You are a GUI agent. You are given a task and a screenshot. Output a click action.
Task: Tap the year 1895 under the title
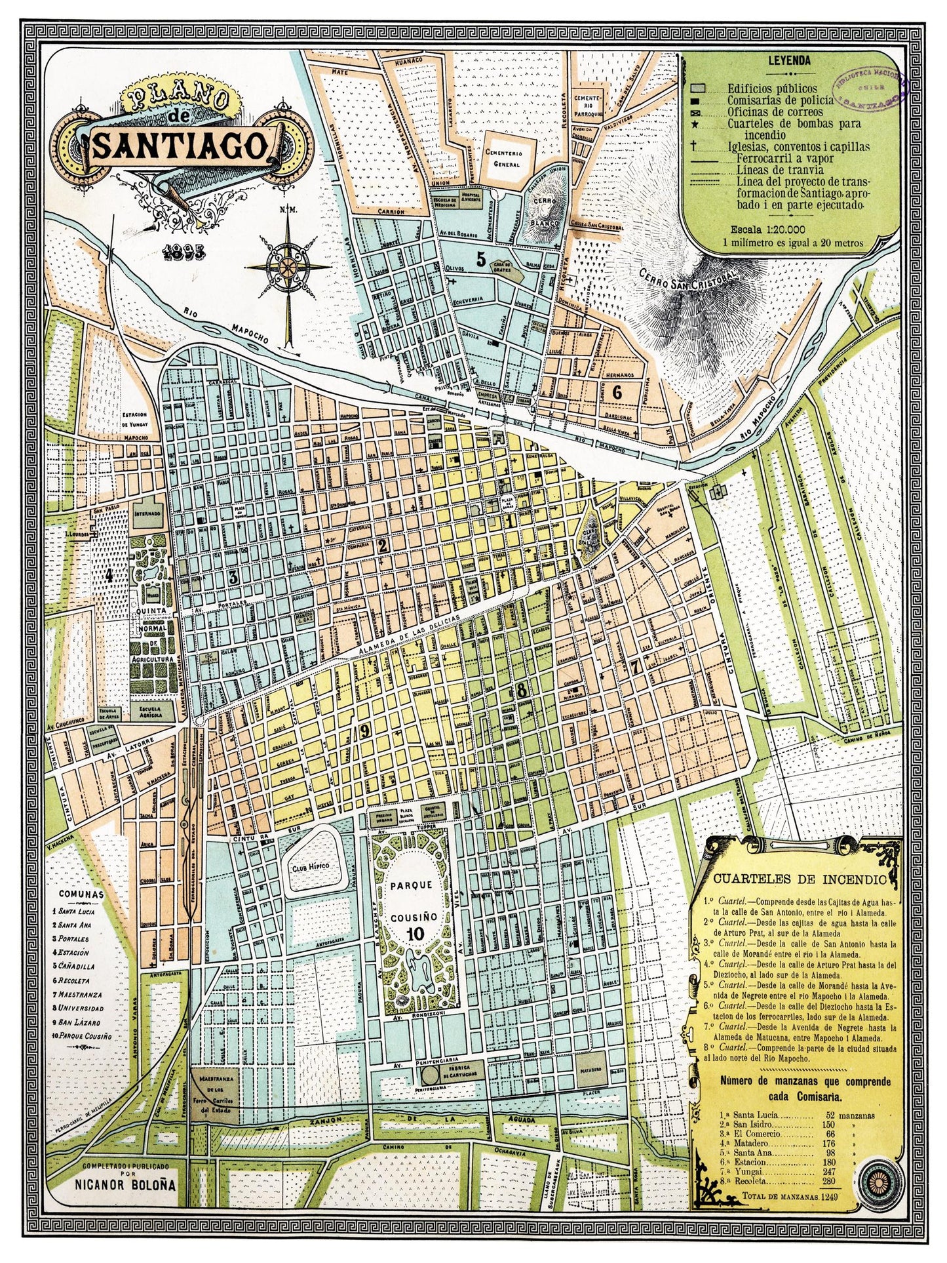[186, 251]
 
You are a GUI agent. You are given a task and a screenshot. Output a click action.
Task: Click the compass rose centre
[287, 267]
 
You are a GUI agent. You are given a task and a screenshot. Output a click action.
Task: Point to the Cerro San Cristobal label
[686, 281]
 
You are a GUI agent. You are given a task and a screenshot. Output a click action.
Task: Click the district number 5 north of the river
[481, 260]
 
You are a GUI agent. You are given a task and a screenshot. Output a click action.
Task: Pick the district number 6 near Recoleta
[616, 392]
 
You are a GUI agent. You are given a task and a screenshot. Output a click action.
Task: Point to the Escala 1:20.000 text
[791, 230]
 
